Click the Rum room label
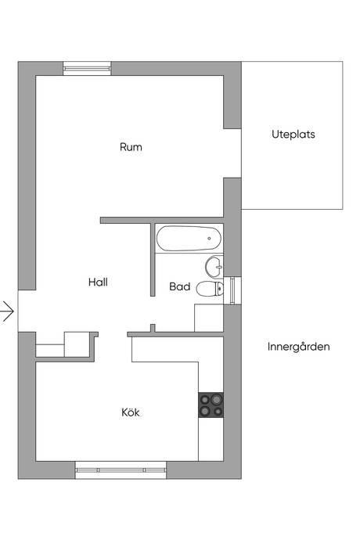pyautogui.click(x=131, y=146)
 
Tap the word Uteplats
pyautogui.click(x=293, y=134)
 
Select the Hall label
pyautogui.click(x=98, y=283)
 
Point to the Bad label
pyautogui.click(x=180, y=287)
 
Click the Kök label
pyautogui.click(x=131, y=412)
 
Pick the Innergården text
pyautogui.click(x=298, y=346)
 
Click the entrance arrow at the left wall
pyautogui.click(x=7, y=311)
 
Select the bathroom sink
pyautogui.click(x=213, y=265)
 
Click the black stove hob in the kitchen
pyautogui.click(x=211, y=403)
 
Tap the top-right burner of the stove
pyautogui.click(x=217, y=397)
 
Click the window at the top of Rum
pyautogui.click(x=87, y=69)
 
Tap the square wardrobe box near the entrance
pyautogui.click(x=78, y=344)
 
